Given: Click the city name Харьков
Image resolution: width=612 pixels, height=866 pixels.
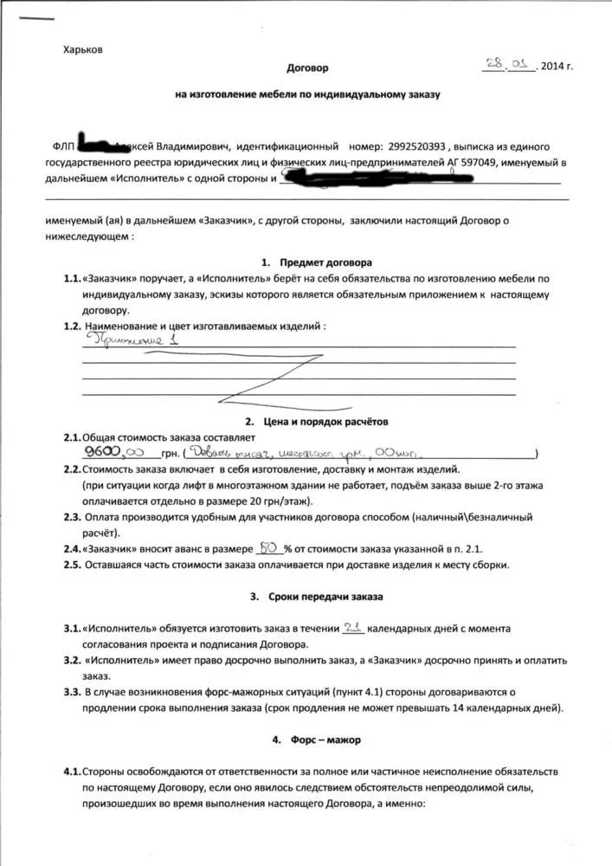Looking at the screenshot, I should [x=83, y=49].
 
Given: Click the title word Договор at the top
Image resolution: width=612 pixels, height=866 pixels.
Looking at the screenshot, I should [x=307, y=67].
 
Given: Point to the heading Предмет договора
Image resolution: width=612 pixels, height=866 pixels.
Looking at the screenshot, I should [x=319, y=262].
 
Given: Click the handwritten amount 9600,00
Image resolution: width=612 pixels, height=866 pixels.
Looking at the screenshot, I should [x=118, y=452].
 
